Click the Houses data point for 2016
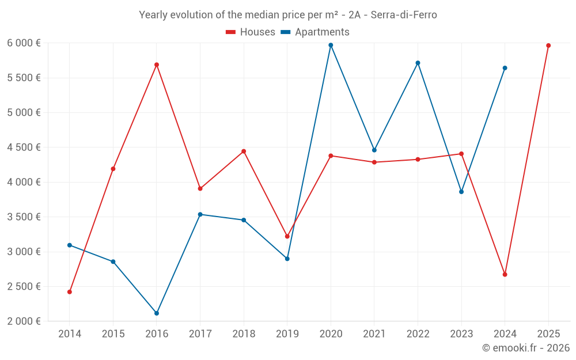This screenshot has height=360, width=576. click(157, 65)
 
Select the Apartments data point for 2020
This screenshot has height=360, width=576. click(331, 45)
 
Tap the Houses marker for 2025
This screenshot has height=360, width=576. click(548, 46)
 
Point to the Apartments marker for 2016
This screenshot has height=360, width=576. click(157, 313)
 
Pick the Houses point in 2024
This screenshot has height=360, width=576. click(505, 274)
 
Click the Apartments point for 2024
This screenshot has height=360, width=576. click(505, 68)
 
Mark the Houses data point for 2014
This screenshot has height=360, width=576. click(70, 292)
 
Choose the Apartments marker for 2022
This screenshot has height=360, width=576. click(418, 63)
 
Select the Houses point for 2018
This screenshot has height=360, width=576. click(244, 151)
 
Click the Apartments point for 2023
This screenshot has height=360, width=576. click(461, 192)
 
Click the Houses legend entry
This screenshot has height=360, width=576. click(251, 32)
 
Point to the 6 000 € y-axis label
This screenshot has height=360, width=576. click(24, 43)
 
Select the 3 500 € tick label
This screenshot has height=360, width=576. click(24, 217)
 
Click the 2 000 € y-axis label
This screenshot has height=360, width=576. click(24, 321)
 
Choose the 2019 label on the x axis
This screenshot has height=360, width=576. click(287, 334)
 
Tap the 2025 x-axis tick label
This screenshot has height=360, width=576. click(548, 334)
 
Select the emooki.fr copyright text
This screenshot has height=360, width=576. click(525, 348)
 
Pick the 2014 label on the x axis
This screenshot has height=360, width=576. click(70, 334)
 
